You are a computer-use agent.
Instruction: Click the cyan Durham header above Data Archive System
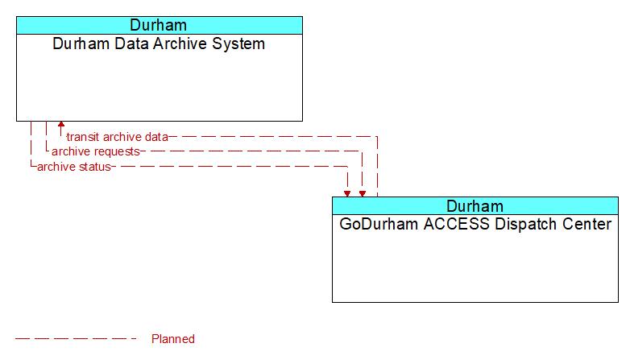point(159,25)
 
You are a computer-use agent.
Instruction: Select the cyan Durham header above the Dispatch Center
point(475,205)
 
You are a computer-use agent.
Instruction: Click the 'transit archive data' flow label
point(117,137)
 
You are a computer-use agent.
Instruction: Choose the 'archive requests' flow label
point(95,151)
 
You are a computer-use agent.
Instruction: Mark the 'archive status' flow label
point(73,167)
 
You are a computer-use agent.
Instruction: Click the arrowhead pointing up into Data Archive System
point(61,126)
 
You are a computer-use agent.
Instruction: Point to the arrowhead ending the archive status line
point(347,192)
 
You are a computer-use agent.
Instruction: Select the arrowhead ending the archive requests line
point(363,192)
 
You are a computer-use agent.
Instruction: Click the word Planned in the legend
point(173,339)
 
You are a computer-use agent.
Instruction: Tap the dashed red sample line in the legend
point(77,339)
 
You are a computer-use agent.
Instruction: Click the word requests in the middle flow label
point(118,151)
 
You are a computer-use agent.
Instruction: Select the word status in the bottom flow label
point(94,167)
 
